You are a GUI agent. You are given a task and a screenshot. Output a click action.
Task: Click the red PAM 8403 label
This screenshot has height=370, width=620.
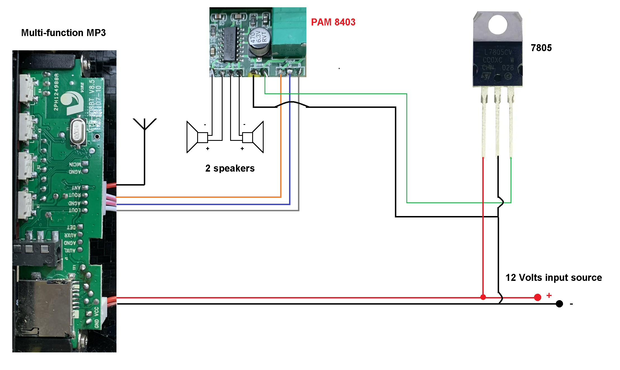pos(333,22)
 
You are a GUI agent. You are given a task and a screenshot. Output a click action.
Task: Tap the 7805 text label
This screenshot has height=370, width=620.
pos(541,48)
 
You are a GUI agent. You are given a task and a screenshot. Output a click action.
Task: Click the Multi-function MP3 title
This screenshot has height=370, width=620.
pos(63,33)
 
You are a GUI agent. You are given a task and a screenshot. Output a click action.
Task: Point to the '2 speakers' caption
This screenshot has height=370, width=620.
pos(230,168)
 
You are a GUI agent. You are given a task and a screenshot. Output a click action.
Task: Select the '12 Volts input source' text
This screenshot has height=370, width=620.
pos(554,277)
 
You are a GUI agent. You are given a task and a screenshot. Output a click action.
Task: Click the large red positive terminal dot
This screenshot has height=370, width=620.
pos(537,297)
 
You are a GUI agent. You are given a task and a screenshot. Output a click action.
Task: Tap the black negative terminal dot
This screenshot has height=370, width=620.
pos(559,304)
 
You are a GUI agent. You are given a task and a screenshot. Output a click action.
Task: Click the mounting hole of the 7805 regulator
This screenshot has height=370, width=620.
pos(498,25)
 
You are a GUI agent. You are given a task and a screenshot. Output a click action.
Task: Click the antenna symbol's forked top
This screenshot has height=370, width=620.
pos(145,124)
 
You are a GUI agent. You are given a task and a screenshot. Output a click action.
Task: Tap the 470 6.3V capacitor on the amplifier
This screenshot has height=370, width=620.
pos(259,40)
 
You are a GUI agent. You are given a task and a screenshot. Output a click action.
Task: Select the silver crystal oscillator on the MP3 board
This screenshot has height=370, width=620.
pos(78,132)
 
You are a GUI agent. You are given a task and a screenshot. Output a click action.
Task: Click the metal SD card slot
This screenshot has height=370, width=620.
pos(45,307)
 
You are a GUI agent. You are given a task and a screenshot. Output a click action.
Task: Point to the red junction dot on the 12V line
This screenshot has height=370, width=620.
pos(483,297)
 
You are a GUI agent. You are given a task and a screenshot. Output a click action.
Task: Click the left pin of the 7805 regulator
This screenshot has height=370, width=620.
pos(484,123)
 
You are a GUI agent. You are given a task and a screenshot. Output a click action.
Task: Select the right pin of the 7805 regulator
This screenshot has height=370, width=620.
pos(511,123)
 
